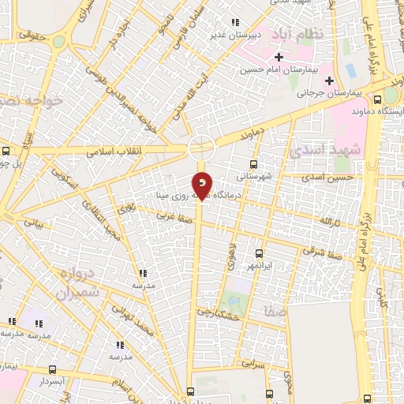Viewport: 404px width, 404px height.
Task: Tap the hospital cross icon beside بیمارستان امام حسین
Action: [278, 56]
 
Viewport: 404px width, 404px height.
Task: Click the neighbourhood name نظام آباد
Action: [296, 35]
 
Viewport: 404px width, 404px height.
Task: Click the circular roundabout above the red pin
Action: [202, 147]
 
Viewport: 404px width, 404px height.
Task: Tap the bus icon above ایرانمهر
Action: [260, 254]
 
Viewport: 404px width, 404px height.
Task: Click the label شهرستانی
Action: [261, 177]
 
